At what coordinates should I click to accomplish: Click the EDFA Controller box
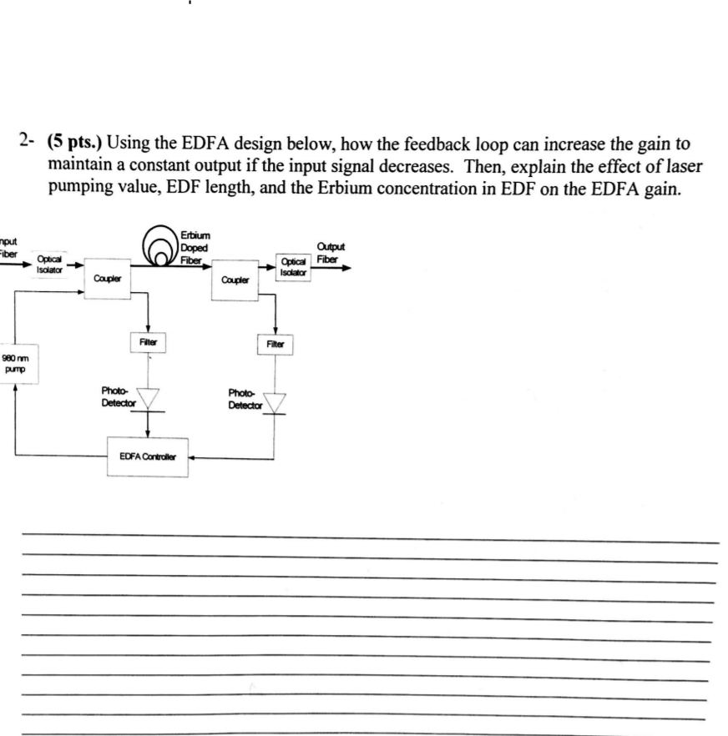click(149, 457)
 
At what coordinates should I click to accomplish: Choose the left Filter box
click(149, 341)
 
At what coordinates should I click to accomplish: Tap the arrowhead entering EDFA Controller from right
click(193, 457)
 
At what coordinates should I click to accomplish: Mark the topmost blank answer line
click(367, 542)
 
